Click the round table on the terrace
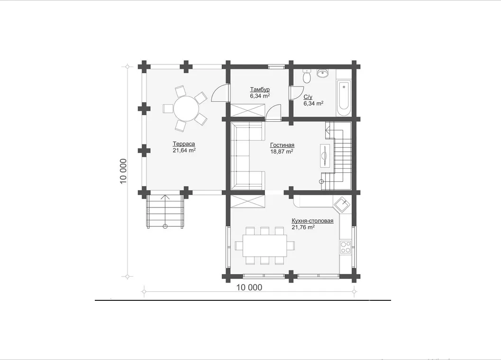coord(186,108)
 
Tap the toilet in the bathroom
coord(307,77)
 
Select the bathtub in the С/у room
coord(344,99)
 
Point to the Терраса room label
coord(184,144)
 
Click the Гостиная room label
coord(282,145)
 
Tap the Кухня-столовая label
coord(312,221)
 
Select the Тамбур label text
coord(260,90)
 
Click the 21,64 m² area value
coord(184,151)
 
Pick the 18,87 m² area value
coord(282,152)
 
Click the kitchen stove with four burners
coord(346,247)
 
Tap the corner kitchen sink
coord(342,204)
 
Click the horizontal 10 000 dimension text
coord(249,288)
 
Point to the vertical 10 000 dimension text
coord(124,171)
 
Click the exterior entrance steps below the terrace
coord(165,211)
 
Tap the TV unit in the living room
coord(325,155)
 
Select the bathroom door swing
coord(296,93)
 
